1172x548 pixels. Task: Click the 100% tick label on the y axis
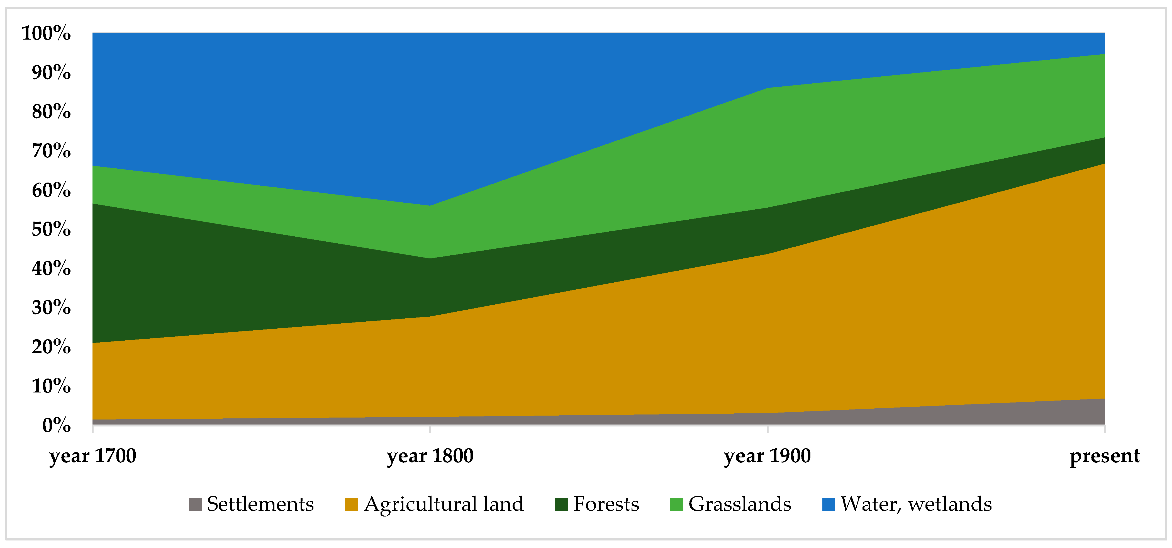click(x=47, y=33)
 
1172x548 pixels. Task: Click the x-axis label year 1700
click(x=93, y=456)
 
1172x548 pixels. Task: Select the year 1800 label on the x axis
click(x=430, y=456)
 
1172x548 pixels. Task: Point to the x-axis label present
click(x=1104, y=456)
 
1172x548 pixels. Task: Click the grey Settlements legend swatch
click(x=195, y=504)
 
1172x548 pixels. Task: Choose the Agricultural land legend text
click(x=444, y=504)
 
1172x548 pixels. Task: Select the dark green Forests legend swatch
click(x=561, y=504)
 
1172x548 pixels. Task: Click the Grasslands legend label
click(x=740, y=504)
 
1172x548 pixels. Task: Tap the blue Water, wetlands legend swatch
click(x=829, y=504)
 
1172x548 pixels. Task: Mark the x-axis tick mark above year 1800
click(x=430, y=430)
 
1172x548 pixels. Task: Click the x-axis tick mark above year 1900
click(x=767, y=430)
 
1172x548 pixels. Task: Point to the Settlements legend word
click(x=260, y=504)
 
